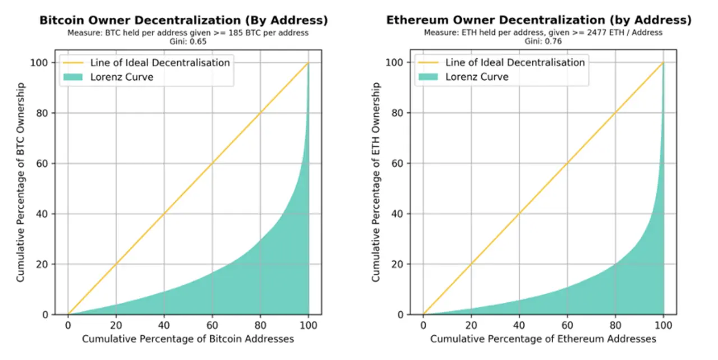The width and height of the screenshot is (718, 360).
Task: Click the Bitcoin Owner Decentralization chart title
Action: click(183, 20)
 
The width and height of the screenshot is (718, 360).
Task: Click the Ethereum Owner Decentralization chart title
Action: click(539, 20)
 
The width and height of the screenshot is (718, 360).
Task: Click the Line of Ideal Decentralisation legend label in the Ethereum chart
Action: click(515, 62)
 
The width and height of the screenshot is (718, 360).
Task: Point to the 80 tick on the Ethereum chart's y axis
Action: click(398, 113)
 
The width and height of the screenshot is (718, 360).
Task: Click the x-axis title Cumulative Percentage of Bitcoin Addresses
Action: click(188, 339)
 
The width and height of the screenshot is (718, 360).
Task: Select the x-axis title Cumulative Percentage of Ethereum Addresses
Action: click(543, 339)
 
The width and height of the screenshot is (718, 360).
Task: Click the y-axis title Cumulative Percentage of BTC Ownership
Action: click(21, 182)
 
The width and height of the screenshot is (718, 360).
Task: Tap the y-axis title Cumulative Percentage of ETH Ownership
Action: click(376, 182)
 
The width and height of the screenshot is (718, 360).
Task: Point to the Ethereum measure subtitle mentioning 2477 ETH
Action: click(543, 33)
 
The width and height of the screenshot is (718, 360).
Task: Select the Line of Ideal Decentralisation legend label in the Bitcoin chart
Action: click(160, 62)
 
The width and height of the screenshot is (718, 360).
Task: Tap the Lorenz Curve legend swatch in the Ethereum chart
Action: click(430, 77)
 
